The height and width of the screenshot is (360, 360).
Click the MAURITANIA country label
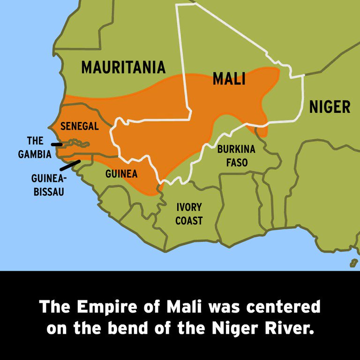(123, 67)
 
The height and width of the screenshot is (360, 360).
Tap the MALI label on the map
(229, 79)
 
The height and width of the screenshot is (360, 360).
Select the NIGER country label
(330, 107)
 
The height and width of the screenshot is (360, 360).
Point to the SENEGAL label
(80, 127)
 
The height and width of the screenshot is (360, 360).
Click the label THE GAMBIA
(35, 147)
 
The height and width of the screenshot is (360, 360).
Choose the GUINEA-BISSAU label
(49, 185)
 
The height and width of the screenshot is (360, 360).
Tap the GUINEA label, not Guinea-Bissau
(121, 174)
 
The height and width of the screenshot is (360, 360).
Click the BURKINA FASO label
(236, 156)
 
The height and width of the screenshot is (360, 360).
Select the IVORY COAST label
(189, 214)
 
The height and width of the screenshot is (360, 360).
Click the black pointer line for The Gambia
(56, 144)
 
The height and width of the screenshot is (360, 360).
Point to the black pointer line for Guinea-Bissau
(70, 165)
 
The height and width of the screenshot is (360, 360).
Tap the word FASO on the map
(236, 163)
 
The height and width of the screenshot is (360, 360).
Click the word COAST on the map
(189, 220)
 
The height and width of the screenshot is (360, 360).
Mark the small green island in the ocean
(353, 262)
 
